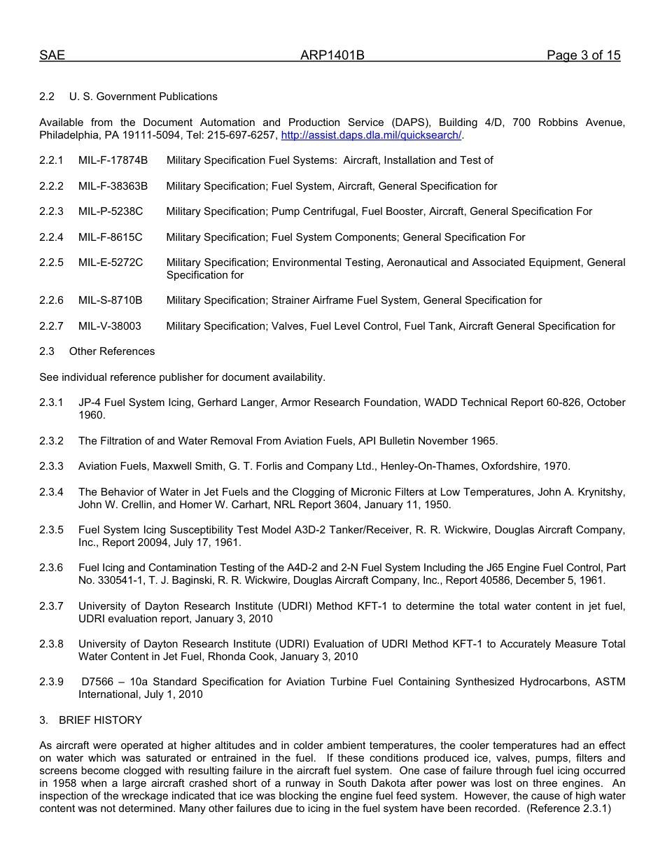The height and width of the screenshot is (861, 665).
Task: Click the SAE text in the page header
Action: coord(52,56)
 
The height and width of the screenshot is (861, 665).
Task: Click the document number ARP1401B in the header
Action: coord(332,56)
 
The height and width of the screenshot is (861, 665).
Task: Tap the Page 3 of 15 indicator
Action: coord(583,56)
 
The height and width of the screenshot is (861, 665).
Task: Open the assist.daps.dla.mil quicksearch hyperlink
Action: coord(371,135)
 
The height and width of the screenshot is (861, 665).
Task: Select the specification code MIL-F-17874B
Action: coord(113,160)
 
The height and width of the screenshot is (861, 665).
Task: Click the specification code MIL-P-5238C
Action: coord(111,211)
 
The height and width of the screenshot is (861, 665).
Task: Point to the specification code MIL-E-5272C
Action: coord(111,262)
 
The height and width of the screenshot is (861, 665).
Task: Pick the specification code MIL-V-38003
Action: coord(110,326)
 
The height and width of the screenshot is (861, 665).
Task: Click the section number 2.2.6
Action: coord(51,300)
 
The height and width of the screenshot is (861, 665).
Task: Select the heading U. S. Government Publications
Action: coord(143,97)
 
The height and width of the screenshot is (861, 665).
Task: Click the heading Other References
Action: coord(112,351)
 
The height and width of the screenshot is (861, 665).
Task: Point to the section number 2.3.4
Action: coord(51,492)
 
